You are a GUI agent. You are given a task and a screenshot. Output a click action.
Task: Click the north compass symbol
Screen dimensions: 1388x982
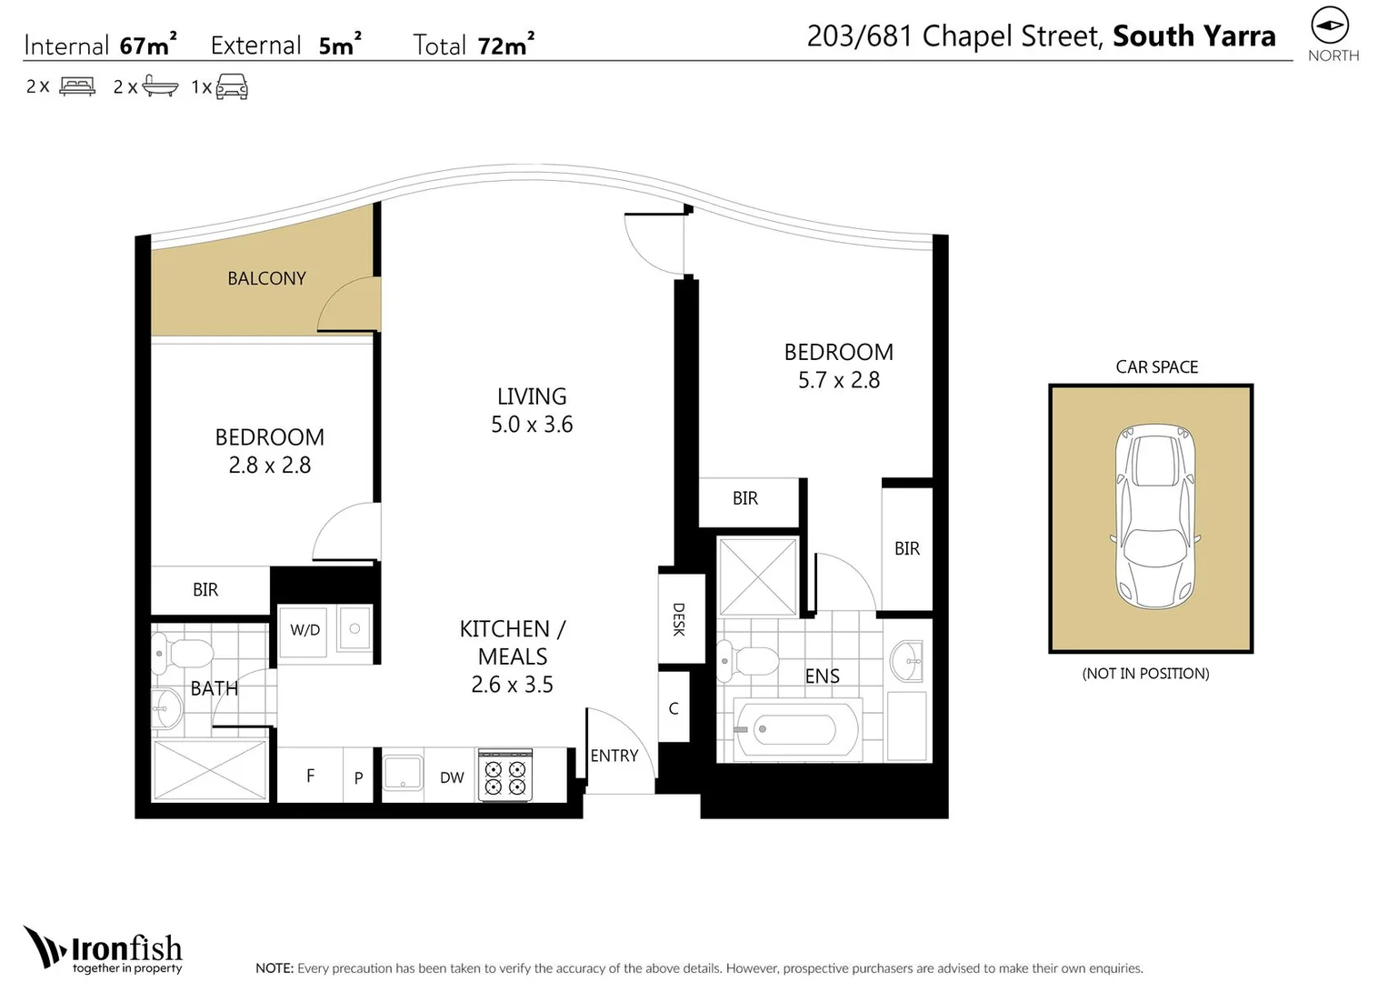1330,25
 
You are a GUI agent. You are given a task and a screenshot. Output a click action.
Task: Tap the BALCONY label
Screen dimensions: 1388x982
266,278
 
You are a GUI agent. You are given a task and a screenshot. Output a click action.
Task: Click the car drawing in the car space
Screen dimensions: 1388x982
1155,517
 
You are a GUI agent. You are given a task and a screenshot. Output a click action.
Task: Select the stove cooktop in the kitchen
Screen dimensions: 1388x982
505,775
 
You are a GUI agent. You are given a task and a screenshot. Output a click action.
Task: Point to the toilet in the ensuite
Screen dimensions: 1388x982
748,661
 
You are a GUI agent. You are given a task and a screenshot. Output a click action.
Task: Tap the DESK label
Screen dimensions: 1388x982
679,619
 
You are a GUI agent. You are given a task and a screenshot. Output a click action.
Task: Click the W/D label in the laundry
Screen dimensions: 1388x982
305,630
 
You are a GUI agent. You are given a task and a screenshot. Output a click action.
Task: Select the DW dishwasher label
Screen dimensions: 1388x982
452,777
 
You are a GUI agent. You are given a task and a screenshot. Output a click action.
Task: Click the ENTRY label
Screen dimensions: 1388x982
614,756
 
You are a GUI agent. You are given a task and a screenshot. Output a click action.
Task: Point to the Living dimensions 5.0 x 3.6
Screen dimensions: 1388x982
532,425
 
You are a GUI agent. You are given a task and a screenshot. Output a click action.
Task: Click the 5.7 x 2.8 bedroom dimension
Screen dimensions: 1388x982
838,380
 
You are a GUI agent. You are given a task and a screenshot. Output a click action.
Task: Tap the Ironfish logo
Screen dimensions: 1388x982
103,950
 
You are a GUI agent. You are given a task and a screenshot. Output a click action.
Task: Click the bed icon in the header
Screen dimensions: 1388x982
77,86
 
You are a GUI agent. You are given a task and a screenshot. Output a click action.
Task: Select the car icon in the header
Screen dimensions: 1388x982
232,86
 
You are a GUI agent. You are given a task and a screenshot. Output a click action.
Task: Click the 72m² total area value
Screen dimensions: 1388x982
505,45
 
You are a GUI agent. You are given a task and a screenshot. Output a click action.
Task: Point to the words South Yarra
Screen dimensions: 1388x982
1194,36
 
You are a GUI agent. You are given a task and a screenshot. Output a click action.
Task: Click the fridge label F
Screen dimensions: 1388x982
311,776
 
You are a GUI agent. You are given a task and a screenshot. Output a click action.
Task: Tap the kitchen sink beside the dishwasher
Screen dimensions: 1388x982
403,773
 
